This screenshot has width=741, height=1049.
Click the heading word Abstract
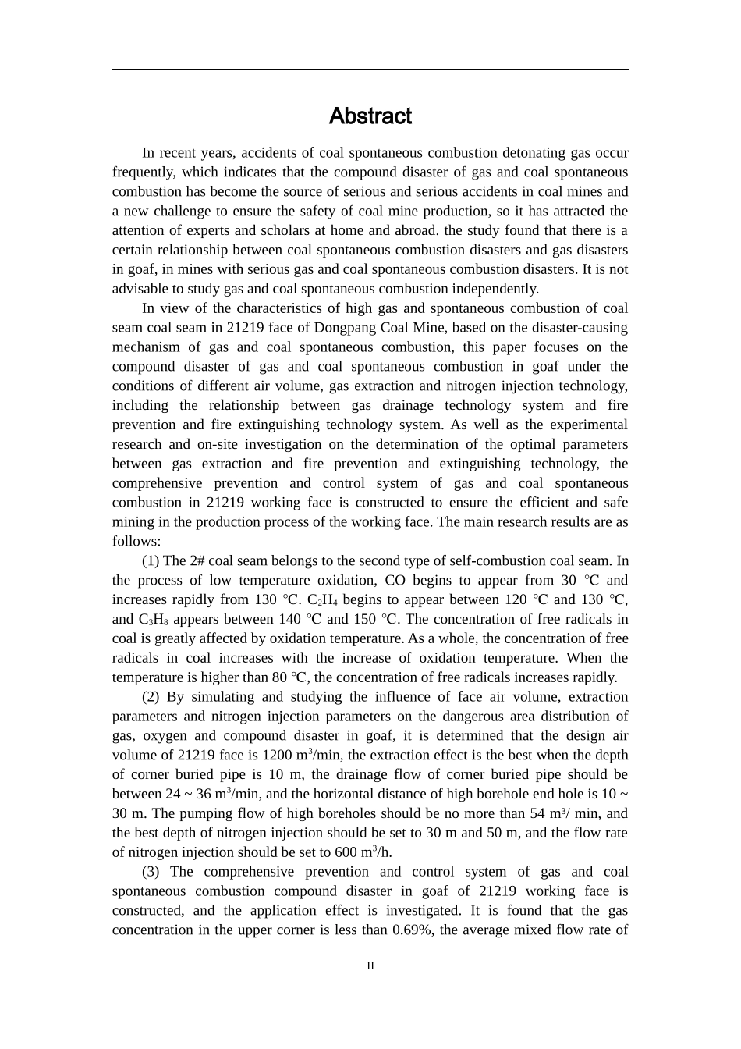tap(370, 116)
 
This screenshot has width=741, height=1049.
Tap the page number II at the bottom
tap(370, 966)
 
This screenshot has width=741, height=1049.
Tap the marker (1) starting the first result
tap(151, 561)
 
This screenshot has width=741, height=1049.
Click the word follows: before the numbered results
tap(136, 542)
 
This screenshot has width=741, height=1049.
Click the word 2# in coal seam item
tap(197, 561)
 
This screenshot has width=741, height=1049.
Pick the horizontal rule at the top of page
tap(370, 70)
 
